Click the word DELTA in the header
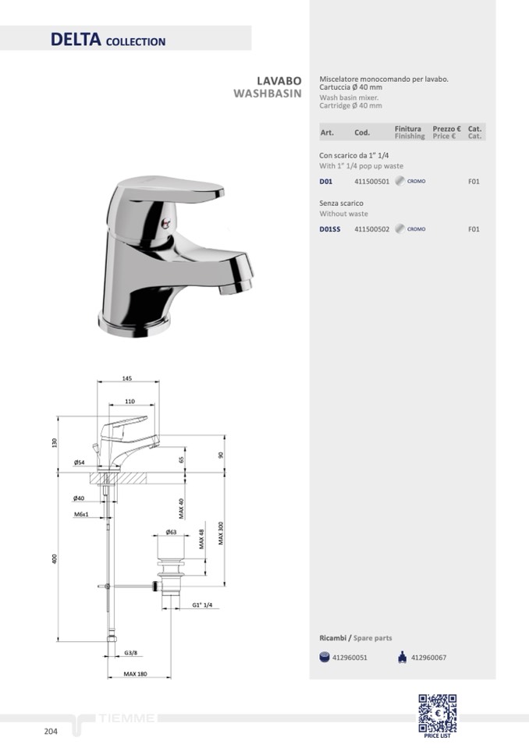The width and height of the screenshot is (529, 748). point(76,39)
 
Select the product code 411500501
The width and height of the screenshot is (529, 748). point(372,182)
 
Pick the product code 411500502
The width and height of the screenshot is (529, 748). point(372,229)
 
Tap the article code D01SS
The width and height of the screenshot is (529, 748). point(330,229)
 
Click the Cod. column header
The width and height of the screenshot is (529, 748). point(362,133)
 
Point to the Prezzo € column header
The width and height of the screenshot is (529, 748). point(446,129)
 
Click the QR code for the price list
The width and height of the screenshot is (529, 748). point(438,713)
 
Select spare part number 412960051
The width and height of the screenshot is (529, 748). point(350,658)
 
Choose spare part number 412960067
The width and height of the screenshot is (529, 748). point(429,658)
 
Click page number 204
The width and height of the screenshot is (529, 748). point(51,732)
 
